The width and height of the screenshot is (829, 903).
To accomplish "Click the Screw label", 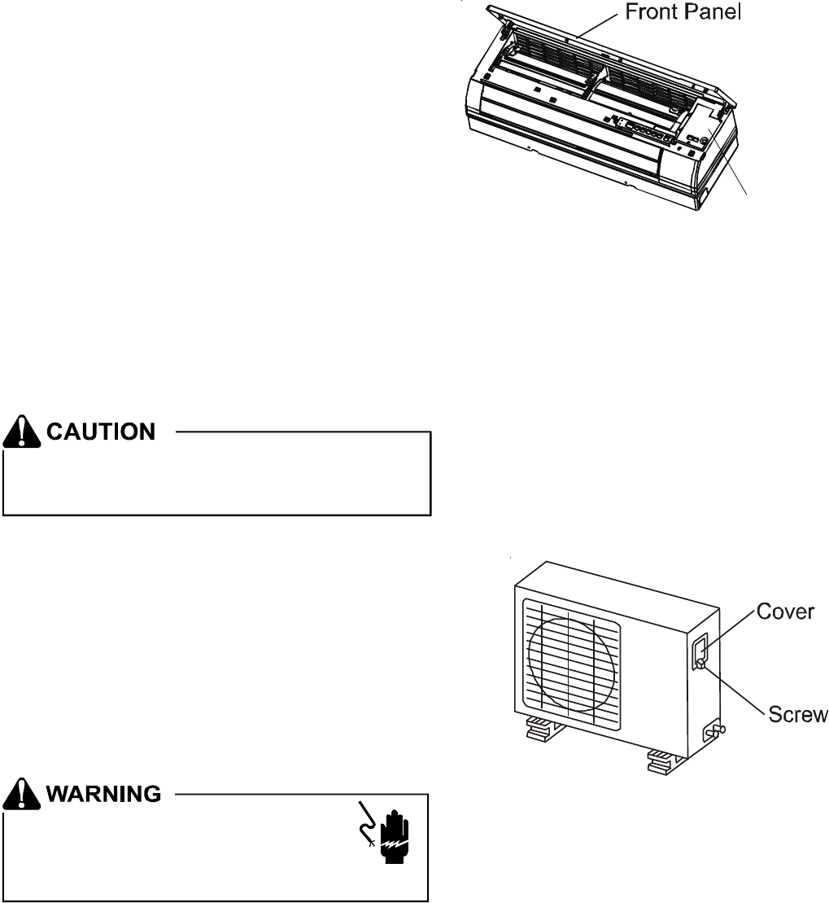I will click(798, 713).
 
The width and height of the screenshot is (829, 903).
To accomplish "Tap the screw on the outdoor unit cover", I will click(700, 663).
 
